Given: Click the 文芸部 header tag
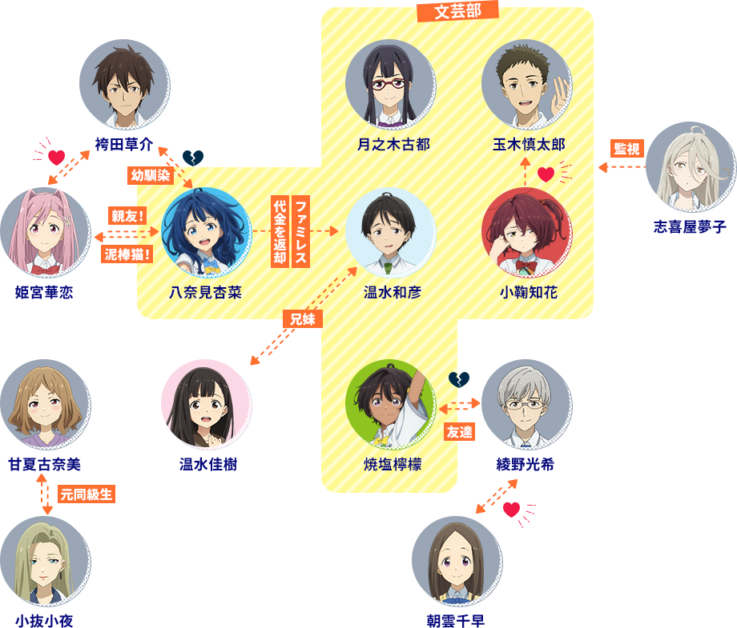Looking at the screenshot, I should [457, 11].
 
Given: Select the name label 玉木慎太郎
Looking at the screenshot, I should [528, 145].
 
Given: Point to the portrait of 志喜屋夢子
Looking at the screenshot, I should [690, 167].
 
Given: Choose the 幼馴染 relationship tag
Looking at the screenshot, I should [151, 175].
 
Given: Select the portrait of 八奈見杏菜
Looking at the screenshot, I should [206, 233].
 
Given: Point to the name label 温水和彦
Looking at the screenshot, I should [391, 293].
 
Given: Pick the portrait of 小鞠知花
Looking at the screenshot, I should [526, 233].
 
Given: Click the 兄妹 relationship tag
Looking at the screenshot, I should [303, 318].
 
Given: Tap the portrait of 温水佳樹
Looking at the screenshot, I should [206, 405].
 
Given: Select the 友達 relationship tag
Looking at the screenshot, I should [459, 431].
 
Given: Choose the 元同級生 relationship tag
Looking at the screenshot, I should [87, 494].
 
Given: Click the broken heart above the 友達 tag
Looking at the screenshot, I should [458, 379].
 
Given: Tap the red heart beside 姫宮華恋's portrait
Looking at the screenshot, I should [56, 157].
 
